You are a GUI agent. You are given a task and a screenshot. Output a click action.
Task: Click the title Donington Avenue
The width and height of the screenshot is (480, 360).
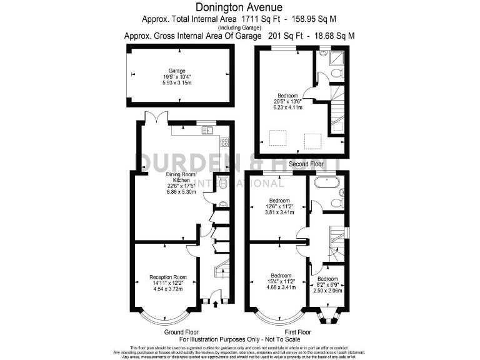point(239,7)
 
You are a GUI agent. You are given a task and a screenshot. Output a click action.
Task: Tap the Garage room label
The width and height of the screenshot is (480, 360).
point(177,71)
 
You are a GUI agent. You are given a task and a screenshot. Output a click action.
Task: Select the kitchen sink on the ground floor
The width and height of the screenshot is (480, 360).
point(207,130)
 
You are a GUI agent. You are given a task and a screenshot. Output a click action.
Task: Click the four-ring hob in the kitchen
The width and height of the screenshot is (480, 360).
point(224,142)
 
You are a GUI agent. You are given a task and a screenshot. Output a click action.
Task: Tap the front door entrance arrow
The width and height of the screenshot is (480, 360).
point(216,304)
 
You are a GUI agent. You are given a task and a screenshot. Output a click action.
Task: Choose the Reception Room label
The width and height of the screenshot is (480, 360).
point(168,277)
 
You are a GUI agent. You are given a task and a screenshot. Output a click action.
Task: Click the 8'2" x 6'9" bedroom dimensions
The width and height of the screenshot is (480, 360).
point(327,285)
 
